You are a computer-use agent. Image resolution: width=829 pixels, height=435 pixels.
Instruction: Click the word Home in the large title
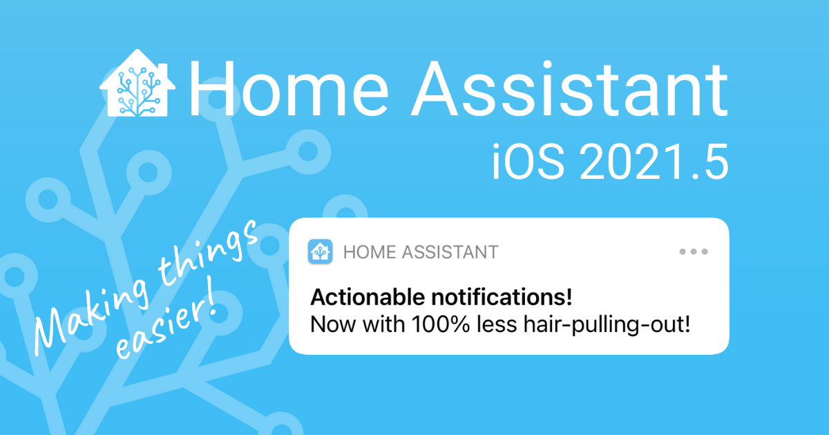point(289,89)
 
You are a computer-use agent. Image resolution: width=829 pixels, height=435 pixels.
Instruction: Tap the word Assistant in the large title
point(569,89)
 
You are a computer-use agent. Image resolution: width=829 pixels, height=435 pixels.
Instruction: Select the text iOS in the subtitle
point(528,162)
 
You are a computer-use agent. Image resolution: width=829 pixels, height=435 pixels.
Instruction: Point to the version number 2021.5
point(654,162)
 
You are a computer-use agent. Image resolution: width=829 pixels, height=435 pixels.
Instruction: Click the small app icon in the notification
point(320,251)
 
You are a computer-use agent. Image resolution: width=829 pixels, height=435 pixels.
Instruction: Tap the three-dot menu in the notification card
point(694,251)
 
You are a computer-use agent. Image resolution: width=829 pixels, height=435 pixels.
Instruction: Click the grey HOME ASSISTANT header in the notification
point(421,252)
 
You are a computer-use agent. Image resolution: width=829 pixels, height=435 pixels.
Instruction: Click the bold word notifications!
point(502,297)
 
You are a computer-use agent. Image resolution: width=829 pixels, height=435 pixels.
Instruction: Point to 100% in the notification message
point(441,325)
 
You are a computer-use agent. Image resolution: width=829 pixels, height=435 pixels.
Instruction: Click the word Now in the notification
point(334,325)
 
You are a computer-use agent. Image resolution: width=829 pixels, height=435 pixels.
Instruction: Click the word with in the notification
point(384,325)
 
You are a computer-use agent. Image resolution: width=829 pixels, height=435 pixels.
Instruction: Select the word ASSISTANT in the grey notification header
point(450,252)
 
